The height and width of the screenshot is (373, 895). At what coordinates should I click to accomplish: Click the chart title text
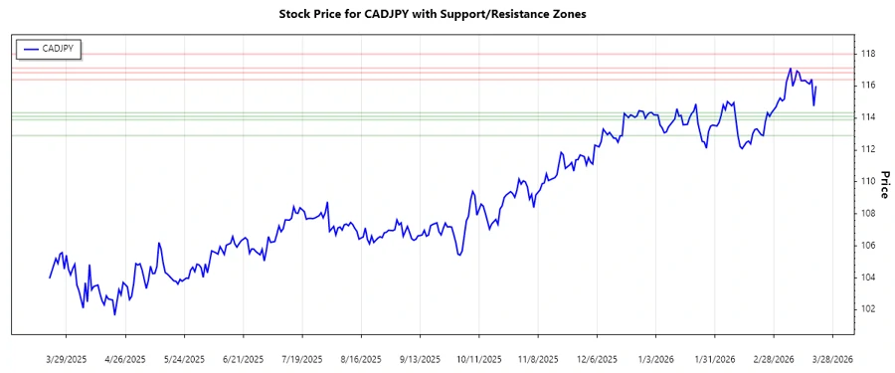[447, 15]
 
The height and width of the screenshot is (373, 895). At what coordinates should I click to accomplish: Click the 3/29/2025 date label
[66, 358]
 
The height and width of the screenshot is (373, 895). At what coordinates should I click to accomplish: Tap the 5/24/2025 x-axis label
[183, 358]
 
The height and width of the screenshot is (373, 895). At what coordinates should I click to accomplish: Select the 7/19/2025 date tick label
[301, 358]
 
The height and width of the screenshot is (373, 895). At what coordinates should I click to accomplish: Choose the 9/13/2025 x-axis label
[419, 358]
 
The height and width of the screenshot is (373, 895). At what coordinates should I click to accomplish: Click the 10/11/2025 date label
[477, 358]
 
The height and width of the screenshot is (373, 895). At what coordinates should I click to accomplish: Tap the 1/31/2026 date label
[713, 358]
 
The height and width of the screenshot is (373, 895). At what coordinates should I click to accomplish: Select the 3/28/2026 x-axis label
[830, 358]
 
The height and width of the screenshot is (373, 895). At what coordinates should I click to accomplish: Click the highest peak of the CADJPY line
[790, 69]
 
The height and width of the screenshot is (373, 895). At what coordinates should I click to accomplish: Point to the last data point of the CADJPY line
[816, 86]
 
